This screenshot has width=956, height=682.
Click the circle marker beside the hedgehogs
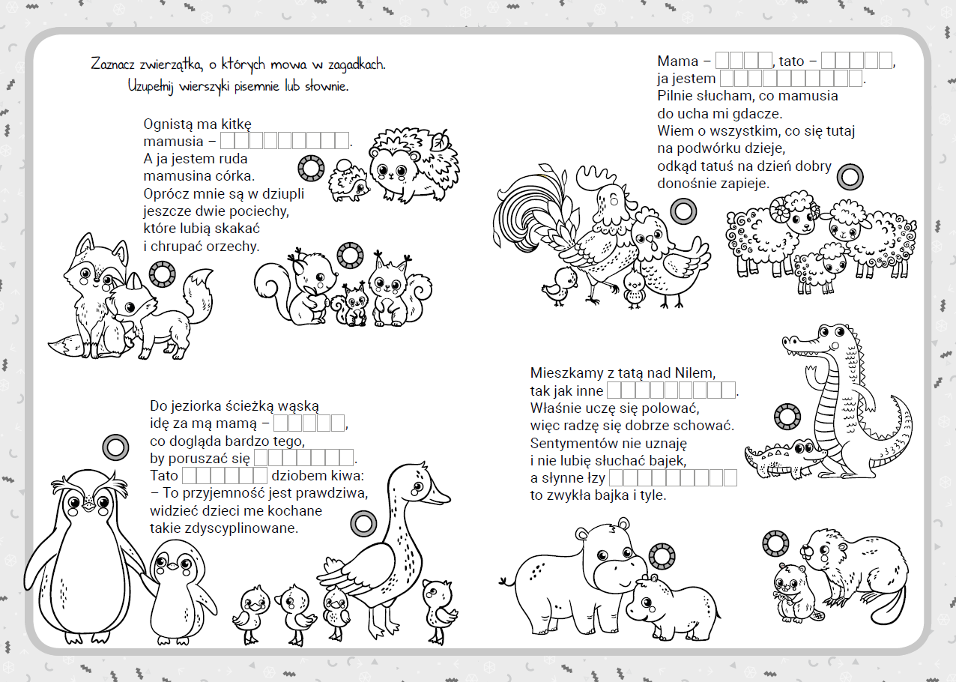(x=311, y=168)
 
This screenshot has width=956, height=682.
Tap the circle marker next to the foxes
(x=162, y=274)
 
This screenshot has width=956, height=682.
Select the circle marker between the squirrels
(x=350, y=256)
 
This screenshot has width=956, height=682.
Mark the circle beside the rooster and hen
(x=683, y=211)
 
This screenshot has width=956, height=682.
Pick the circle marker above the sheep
(x=850, y=177)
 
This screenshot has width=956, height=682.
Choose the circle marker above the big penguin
(x=115, y=447)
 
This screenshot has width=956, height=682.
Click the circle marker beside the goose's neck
(x=363, y=524)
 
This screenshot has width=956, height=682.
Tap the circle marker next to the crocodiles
(x=787, y=417)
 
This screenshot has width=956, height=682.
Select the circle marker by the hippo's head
(x=662, y=556)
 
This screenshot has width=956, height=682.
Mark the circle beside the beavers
(x=775, y=543)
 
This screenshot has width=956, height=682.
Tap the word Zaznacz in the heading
(x=112, y=64)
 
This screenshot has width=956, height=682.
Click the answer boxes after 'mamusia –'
(x=285, y=140)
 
